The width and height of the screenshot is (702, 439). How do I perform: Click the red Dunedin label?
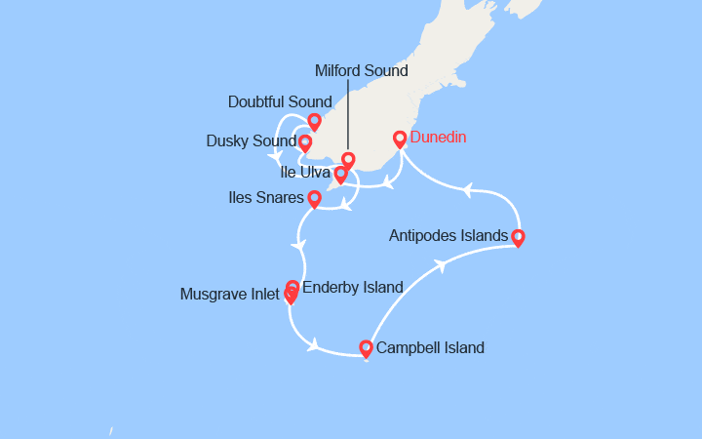click(442, 138)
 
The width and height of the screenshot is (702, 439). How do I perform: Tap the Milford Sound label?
click(362, 71)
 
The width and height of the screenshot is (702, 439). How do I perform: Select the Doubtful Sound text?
click(280, 101)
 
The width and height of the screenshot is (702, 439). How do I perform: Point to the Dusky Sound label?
click(251, 141)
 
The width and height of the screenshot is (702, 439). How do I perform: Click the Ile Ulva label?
click(304, 174)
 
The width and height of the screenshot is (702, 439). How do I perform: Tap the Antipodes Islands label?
click(448, 235)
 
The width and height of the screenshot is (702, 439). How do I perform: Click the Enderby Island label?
click(353, 287)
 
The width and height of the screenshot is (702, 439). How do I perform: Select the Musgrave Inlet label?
click(231, 294)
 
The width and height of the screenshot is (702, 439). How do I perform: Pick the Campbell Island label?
click(430, 347)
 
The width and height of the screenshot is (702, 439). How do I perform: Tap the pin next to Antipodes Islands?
click(518, 237)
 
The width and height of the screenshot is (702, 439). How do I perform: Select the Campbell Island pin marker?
click(366, 348)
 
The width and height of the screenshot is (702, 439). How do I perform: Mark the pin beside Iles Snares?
click(314, 199)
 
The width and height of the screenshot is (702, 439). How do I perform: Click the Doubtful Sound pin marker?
click(314, 122)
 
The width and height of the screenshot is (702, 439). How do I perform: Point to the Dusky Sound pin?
click(305, 143)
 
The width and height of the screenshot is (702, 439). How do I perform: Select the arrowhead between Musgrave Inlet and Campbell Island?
click(314, 344)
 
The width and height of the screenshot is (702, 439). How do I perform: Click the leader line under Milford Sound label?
click(346, 117)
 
